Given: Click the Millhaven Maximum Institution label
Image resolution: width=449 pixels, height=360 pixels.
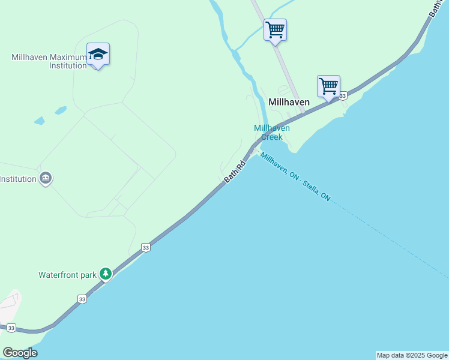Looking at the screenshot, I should pos(49,61).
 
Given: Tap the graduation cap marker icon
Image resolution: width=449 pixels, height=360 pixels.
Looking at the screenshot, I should pos(98,55).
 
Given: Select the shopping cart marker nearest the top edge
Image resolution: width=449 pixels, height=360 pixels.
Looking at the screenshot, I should pos(275,29).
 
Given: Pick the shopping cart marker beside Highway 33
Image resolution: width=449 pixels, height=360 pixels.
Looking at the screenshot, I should pos(328,86).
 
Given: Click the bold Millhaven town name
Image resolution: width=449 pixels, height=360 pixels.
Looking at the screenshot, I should pos(289,102).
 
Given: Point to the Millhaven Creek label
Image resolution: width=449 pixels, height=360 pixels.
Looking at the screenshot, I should pos(271,133).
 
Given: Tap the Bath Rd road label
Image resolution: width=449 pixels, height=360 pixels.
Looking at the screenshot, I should pos(235,172).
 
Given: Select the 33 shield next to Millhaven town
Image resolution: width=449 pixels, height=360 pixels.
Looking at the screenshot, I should pos(342,96).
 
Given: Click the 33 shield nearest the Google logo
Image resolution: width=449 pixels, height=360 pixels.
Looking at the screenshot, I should pos(11,328).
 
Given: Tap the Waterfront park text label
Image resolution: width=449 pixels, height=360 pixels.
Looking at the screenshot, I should pos(67,275).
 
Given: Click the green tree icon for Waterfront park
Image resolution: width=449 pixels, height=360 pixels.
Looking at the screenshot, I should pos(106,274).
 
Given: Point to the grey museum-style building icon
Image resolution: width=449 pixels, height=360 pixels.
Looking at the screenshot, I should pos(46,178).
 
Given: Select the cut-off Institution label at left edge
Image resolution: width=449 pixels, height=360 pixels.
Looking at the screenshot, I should pos(17,179).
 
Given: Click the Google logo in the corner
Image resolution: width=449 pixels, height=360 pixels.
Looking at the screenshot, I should pos(20,353).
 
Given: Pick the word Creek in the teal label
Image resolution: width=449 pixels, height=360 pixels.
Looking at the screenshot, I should pos(271,137).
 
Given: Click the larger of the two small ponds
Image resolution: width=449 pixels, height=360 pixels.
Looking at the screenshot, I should pos(60,110).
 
